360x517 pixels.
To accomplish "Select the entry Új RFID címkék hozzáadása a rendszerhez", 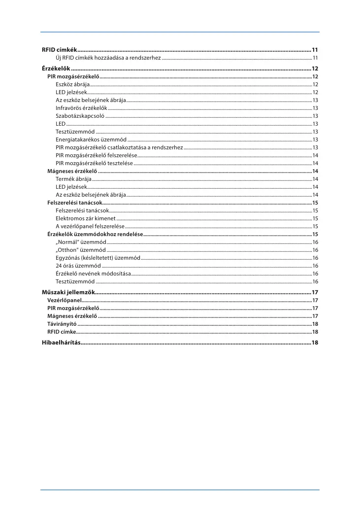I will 108,58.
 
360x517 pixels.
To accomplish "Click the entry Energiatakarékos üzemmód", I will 91,139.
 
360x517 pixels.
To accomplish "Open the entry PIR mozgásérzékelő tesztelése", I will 94,163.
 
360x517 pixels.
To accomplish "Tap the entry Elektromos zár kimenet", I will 86,218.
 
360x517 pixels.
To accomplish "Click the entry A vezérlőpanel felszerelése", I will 90,226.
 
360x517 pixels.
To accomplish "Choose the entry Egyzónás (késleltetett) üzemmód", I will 98,258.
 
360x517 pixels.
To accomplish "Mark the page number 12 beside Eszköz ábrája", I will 315,85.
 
